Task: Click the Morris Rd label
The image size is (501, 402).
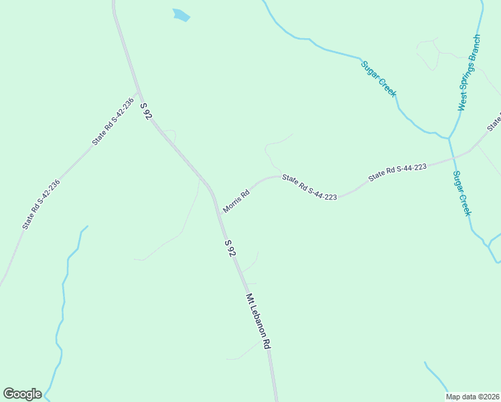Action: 236,201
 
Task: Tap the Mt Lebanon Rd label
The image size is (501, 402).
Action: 258,321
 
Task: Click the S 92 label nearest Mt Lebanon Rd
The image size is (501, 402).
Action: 230,249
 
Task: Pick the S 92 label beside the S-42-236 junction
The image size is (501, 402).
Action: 146,111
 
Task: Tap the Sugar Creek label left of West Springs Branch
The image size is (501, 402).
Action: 379,78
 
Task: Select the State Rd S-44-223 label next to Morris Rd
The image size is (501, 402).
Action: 309,186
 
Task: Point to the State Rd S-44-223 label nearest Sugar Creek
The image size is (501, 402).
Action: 397,172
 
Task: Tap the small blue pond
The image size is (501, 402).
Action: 181,15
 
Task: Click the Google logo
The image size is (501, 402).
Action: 22,394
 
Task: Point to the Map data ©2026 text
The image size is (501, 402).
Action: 472,397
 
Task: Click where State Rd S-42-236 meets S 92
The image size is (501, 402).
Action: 137,92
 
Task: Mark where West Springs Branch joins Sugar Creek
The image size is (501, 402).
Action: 449,138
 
